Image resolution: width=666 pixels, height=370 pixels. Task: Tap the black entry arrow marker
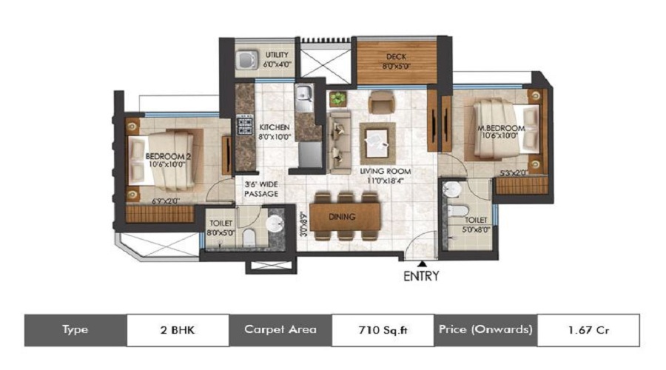(x=422, y=263)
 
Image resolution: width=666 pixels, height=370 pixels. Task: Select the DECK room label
(x=396, y=56)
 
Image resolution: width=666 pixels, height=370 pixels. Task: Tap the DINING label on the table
(x=343, y=217)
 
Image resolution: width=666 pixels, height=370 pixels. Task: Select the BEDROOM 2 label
(x=168, y=156)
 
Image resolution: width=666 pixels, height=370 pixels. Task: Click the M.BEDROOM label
(x=502, y=128)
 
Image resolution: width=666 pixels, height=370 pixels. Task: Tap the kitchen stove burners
(x=243, y=125)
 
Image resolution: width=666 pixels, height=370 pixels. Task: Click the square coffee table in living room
(x=377, y=141)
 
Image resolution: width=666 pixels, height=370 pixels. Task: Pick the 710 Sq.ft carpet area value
(x=381, y=329)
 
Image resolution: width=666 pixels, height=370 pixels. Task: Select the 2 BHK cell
(x=178, y=329)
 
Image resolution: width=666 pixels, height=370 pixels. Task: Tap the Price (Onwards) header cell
(x=485, y=329)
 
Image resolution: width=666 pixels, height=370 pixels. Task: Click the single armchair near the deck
(x=382, y=101)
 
